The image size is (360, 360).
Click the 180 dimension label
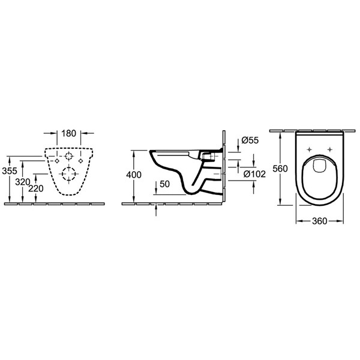69,133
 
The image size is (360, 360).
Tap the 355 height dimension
10,171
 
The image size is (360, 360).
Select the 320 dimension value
23,182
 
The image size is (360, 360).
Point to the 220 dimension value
36,188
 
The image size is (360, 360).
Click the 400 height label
134,175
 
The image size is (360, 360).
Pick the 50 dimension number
164,184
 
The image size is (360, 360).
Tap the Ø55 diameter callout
250,140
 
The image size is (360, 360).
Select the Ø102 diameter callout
254,174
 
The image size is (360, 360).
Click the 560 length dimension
280,169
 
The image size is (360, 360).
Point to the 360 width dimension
319,221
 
